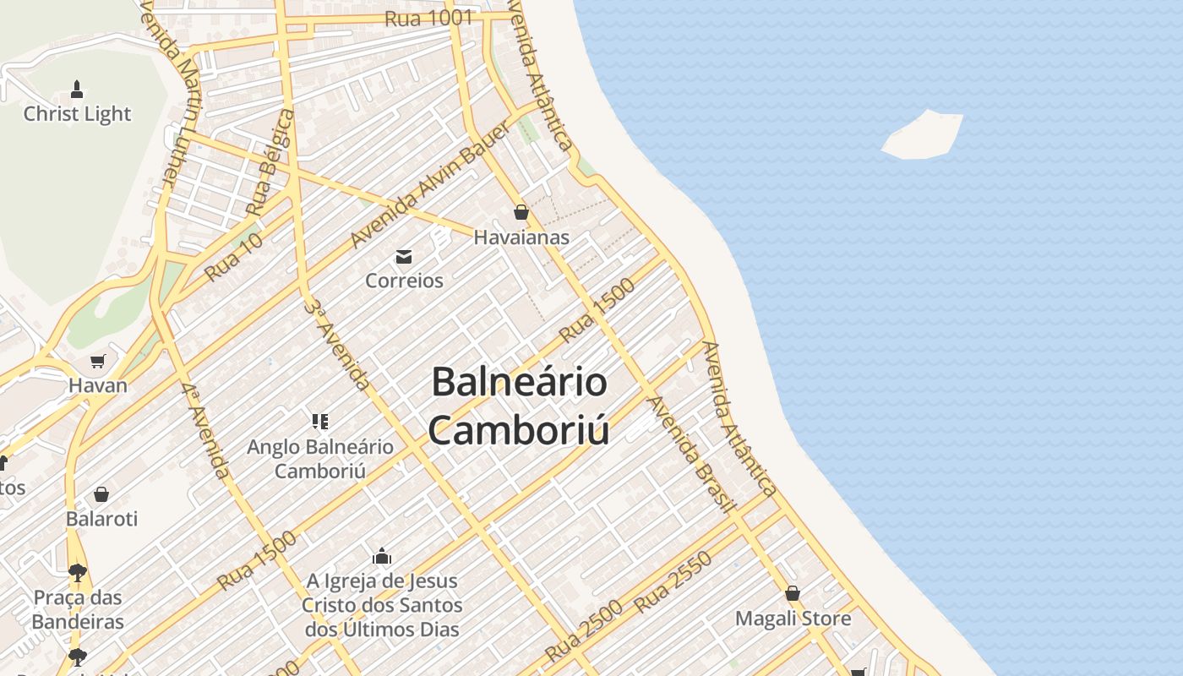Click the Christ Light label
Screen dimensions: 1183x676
(77, 114)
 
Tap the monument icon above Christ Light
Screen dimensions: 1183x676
(77, 89)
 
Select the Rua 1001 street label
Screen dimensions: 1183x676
(428, 19)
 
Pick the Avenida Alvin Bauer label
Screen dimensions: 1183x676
(430, 184)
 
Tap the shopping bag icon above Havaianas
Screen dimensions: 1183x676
(521, 212)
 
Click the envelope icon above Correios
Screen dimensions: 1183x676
(404, 256)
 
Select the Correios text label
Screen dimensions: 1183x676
(404, 281)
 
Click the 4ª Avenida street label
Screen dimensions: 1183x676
(205, 430)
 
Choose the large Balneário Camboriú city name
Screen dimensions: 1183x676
(519, 405)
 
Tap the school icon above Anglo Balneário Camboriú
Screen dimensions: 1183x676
(319, 421)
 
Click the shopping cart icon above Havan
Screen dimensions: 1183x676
(98, 362)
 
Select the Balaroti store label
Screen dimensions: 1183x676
(101, 518)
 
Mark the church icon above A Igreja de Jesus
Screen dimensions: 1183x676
(382, 556)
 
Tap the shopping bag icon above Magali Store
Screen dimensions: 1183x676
(793, 593)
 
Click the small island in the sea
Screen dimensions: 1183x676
(923, 135)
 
